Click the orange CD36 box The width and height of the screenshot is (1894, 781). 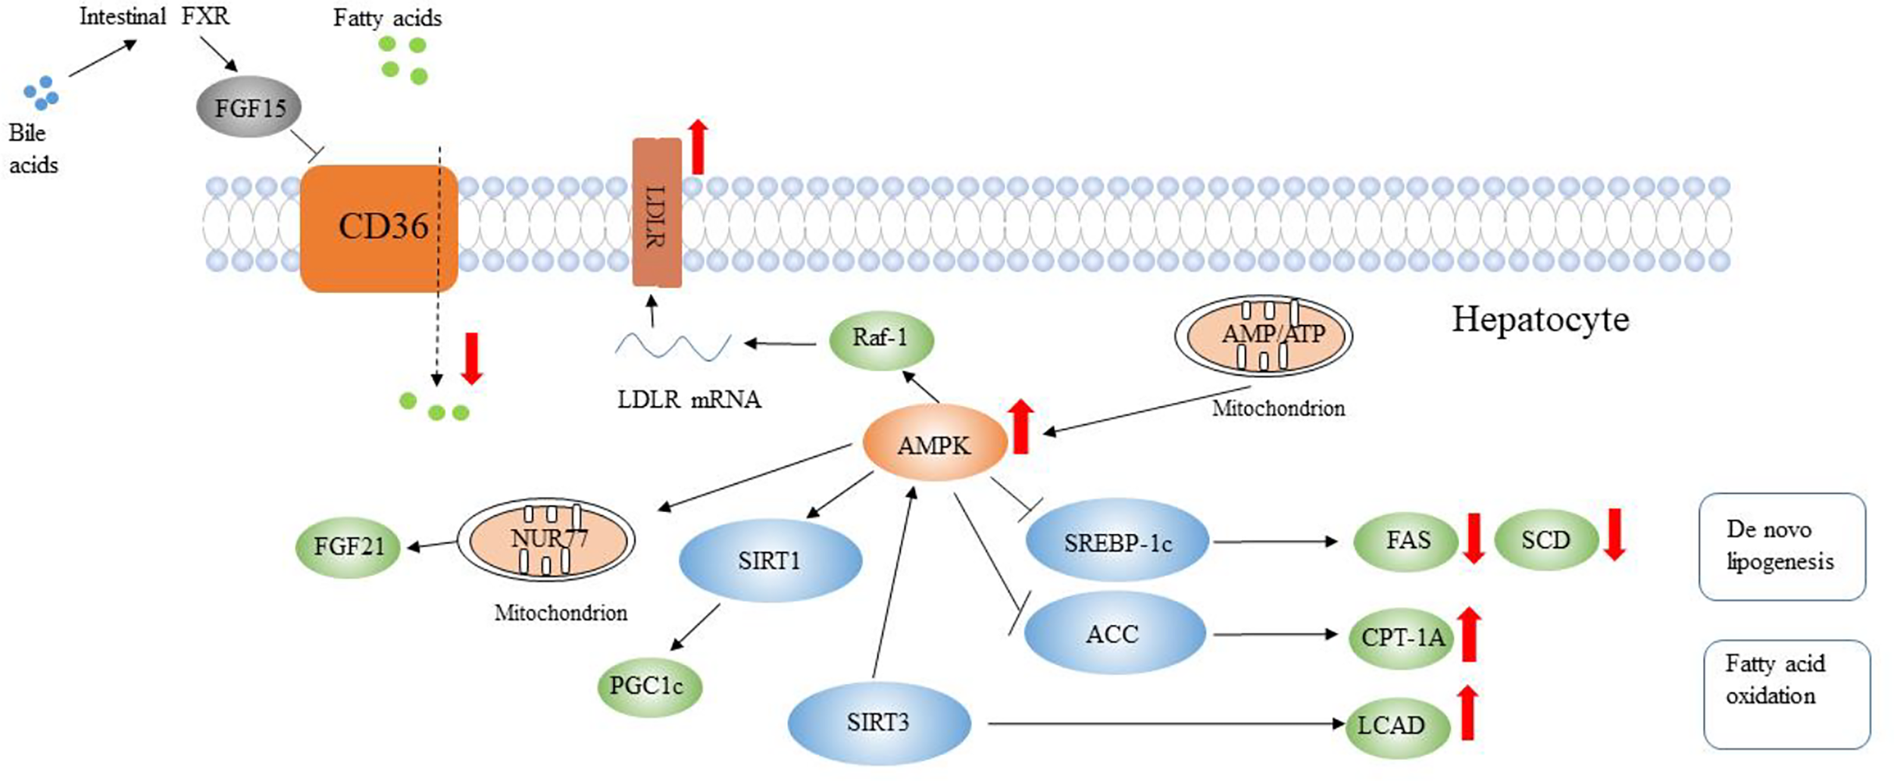pos(379,228)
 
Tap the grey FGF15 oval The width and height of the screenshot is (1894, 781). pos(249,108)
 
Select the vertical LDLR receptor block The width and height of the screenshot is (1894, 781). pos(656,213)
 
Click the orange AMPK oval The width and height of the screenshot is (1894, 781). pos(934,445)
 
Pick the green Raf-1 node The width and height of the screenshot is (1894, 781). pos(880,338)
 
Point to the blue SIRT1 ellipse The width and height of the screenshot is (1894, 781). pos(770,561)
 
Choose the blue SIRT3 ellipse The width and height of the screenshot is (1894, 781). pos(878,722)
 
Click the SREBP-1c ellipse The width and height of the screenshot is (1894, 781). pos(1117,542)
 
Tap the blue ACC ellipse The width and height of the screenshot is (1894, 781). pos(1113,633)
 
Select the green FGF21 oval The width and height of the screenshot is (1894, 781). pos(348,545)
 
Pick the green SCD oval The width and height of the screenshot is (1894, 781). pos(1546,540)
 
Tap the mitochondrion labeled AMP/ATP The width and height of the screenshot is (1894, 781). pos(1264,336)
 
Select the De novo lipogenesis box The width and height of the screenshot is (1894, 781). pos(1780,546)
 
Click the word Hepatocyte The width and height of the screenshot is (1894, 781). pos(1539,320)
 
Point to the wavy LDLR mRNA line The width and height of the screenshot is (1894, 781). pos(672,346)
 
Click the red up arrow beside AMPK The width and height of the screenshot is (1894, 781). pos(1020,427)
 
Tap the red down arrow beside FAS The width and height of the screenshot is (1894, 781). pos(1474,539)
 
